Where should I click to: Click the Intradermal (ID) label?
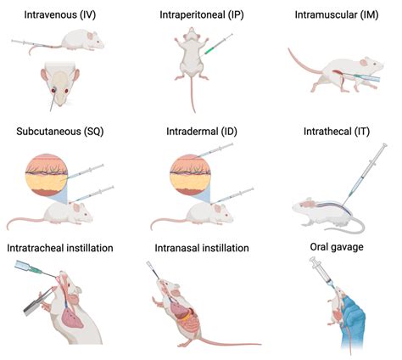[x=200, y=131]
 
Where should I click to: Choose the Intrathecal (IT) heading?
[x=336, y=131]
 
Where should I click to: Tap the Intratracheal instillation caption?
[x=61, y=248]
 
